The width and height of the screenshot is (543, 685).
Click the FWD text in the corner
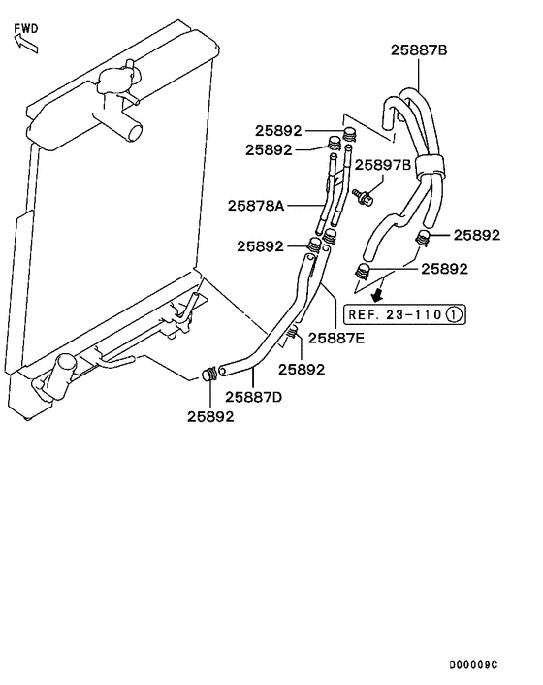pyautogui.click(x=26, y=29)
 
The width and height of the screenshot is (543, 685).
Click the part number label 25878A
pyautogui.click(x=256, y=205)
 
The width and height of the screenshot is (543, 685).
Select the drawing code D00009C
pyautogui.click(x=472, y=665)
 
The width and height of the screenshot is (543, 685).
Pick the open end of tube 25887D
pyautogui.click(x=223, y=369)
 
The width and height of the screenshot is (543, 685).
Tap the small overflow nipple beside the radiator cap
pyautogui.click(x=139, y=101)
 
